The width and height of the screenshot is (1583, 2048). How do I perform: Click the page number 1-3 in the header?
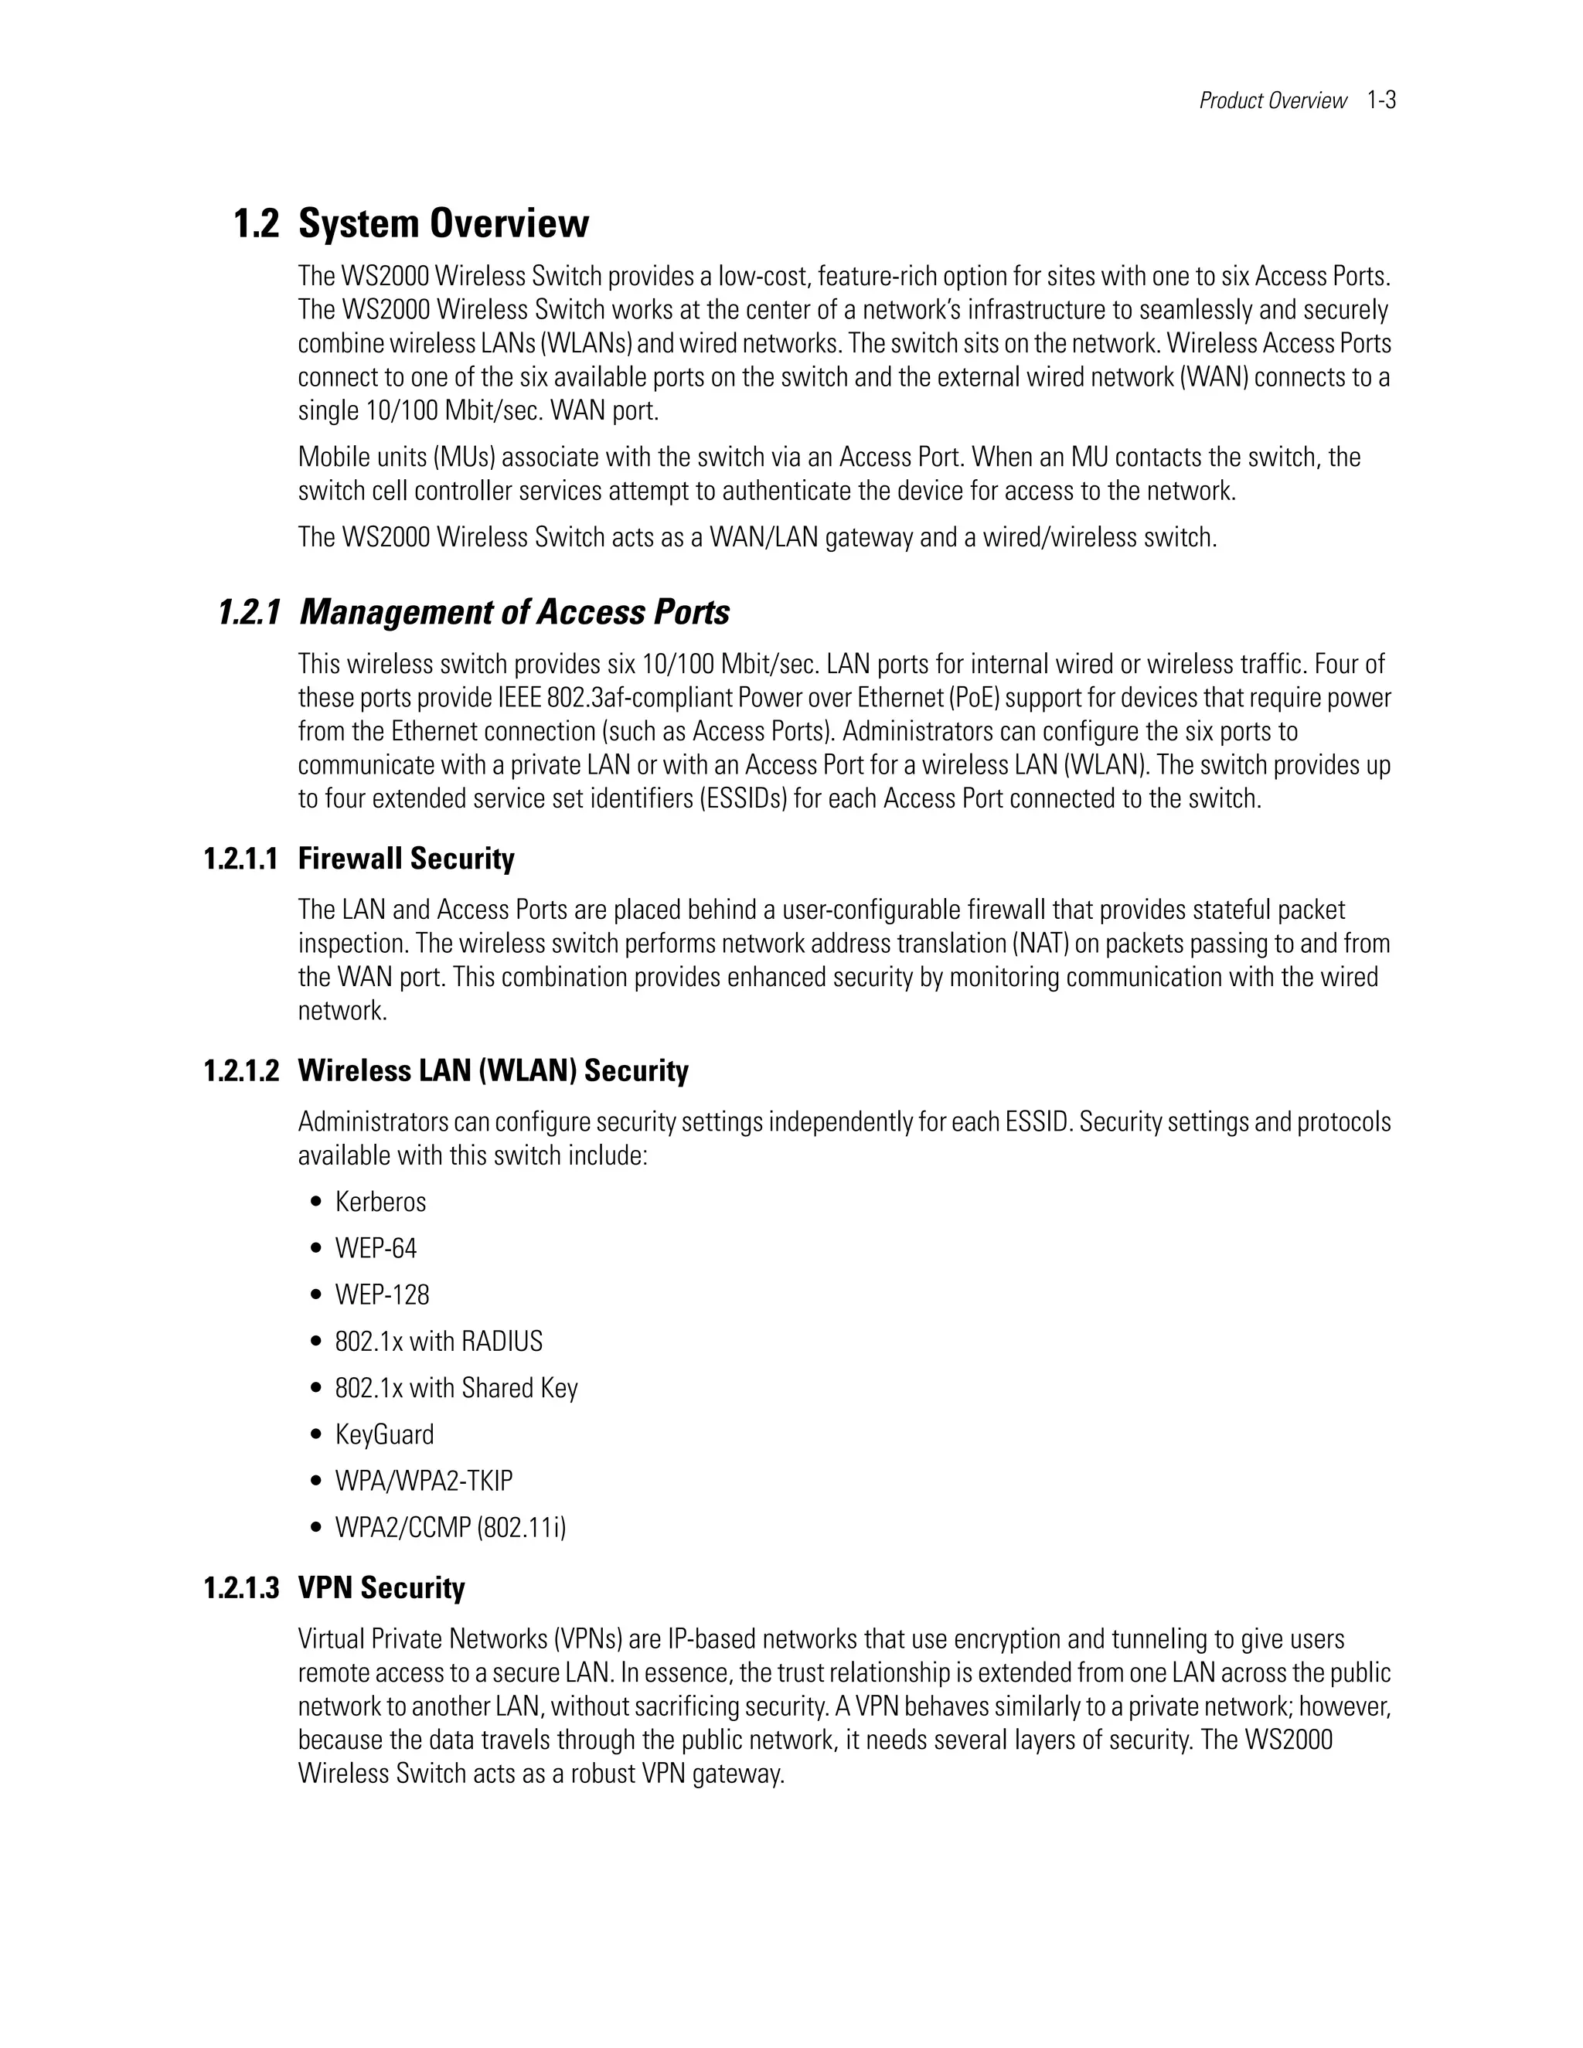pyautogui.click(x=1381, y=100)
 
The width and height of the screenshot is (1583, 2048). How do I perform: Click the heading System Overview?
pyautogui.click(x=443, y=224)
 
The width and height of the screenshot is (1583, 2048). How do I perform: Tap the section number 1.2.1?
pyautogui.click(x=249, y=614)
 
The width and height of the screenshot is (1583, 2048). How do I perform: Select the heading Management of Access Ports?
pyautogui.click(x=514, y=614)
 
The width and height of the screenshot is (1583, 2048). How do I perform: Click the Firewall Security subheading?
pyautogui.click(x=406, y=859)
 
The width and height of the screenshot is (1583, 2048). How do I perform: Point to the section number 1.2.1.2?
pyautogui.click(x=241, y=1071)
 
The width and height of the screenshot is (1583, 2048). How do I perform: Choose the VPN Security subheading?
pyautogui.click(x=381, y=1587)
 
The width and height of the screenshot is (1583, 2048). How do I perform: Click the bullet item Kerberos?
pyautogui.click(x=380, y=1203)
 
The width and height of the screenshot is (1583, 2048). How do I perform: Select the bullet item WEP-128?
pyautogui.click(x=382, y=1295)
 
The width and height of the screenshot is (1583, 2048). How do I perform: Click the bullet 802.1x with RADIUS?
pyautogui.click(x=438, y=1342)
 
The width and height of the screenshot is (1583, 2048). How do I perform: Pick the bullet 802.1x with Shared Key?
pyautogui.click(x=456, y=1388)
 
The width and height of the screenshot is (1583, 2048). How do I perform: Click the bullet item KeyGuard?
pyautogui.click(x=384, y=1434)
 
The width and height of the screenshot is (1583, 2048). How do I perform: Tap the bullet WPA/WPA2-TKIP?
pyautogui.click(x=424, y=1481)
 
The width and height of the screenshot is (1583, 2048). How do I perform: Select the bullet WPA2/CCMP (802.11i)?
pyautogui.click(x=450, y=1528)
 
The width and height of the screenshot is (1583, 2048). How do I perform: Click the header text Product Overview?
pyautogui.click(x=1272, y=100)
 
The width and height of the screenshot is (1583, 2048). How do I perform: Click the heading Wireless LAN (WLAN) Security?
pyautogui.click(x=492, y=1071)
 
